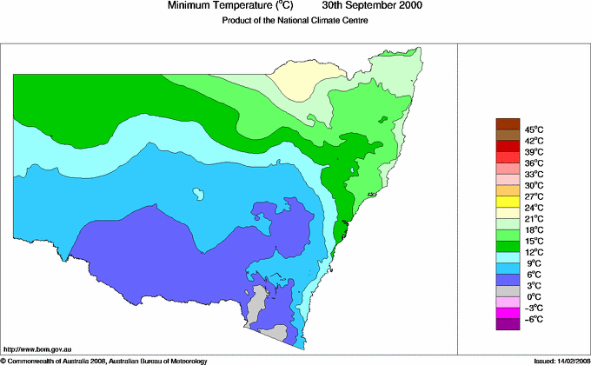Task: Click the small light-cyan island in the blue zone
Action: click(200, 191)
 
